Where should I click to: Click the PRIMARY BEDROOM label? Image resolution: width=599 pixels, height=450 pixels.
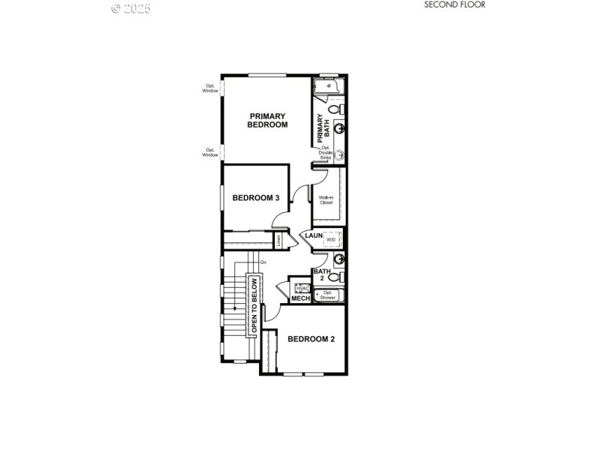tap(267, 120)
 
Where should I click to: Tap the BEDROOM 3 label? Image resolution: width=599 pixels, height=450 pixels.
tap(256, 198)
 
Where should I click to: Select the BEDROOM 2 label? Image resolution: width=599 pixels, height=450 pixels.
tap(311, 339)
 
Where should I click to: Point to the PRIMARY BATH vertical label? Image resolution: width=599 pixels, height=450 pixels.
tap(323, 124)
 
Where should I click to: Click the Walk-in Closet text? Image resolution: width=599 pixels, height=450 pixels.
tap(326, 199)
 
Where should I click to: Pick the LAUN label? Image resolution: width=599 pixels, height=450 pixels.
tap(314, 235)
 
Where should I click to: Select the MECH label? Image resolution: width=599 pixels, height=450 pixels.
tap(300, 298)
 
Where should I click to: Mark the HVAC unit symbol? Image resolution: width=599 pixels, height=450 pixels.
tap(302, 288)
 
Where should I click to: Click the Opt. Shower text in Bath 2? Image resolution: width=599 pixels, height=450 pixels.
tap(328, 295)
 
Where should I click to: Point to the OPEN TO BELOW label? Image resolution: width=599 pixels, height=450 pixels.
tap(255, 305)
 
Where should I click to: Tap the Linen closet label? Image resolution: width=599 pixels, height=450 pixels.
tap(279, 241)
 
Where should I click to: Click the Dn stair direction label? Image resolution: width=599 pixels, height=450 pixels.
tap(264, 262)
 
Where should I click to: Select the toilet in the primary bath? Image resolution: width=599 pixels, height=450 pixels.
tap(335, 109)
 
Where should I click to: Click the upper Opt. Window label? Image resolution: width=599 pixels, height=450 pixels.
tap(211, 88)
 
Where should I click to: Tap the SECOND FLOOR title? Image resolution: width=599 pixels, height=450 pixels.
tap(454, 4)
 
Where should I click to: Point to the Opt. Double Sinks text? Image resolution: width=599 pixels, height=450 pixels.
tap(326, 152)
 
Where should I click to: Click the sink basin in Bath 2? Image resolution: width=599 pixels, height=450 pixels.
tap(339, 259)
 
